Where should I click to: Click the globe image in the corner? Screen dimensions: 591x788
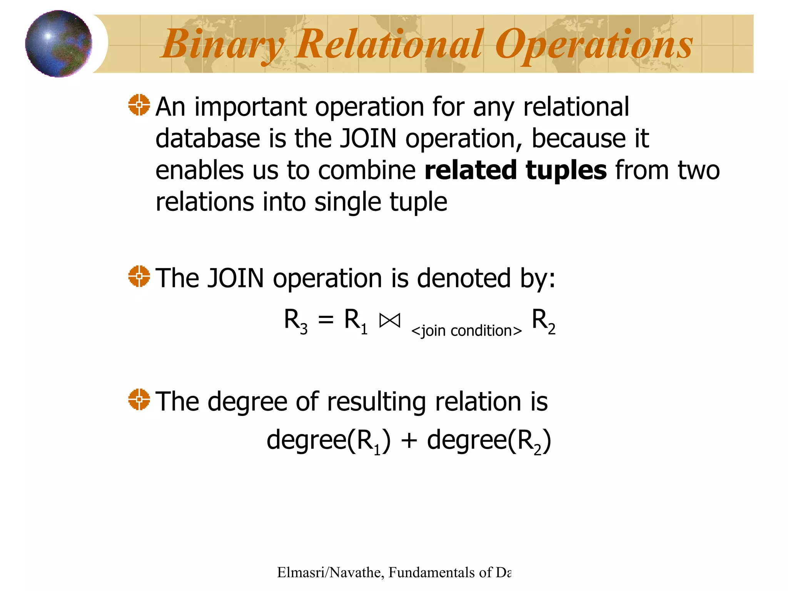(x=58, y=43)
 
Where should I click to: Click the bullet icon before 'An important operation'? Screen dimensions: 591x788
(x=139, y=105)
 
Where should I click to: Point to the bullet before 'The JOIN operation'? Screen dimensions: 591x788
(x=139, y=276)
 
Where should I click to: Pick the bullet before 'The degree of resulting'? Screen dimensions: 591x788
(x=139, y=399)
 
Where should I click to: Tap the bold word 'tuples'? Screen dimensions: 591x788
(x=566, y=171)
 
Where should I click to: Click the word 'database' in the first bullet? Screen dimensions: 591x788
(x=207, y=139)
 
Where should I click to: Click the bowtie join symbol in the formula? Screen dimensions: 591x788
(x=390, y=320)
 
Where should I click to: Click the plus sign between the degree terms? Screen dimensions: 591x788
(x=409, y=441)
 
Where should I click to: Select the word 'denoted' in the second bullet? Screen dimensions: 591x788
(x=464, y=278)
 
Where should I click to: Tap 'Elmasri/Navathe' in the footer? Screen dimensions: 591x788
(x=329, y=573)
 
